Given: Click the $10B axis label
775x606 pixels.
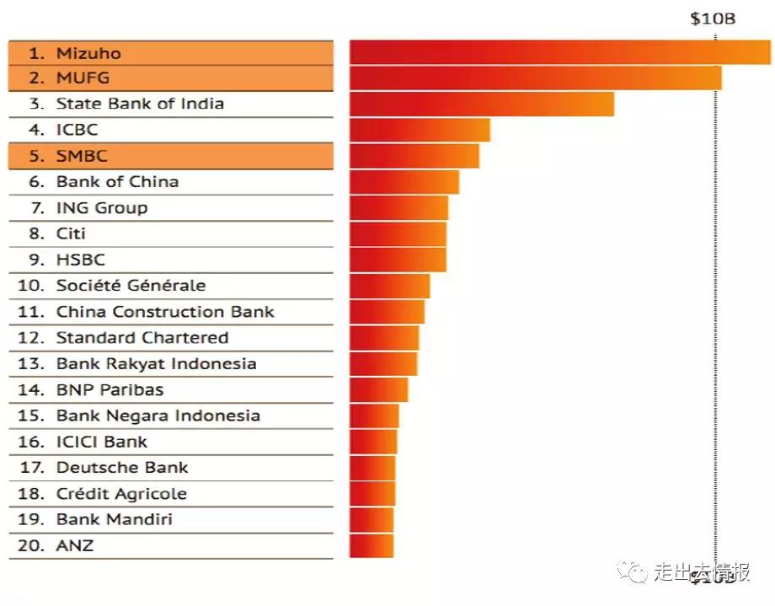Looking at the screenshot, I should [x=713, y=18].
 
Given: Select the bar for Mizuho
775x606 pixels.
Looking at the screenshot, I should [x=559, y=52].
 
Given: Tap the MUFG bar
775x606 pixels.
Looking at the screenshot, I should [x=535, y=78].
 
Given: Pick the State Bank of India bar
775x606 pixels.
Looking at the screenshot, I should [x=481, y=104].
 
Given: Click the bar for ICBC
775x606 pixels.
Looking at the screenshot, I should [x=420, y=130].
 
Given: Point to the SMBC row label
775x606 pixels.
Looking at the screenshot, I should [x=82, y=156].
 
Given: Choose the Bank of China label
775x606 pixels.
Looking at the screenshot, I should [x=117, y=181].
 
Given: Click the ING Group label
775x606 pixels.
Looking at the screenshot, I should [x=101, y=207].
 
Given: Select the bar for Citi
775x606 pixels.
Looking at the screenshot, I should [x=398, y=233].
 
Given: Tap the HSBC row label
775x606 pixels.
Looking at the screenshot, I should [x=81, y=260].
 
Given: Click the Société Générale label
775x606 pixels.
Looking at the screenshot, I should [x=131, y=286].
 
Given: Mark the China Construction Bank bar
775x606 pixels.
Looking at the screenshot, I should [x=387, y=312].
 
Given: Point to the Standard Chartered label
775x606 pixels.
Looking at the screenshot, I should [x=142, y=338].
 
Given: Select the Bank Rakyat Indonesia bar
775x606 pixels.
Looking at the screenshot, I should [x=383, y=364].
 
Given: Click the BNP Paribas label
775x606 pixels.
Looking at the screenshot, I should [x=110, y=389].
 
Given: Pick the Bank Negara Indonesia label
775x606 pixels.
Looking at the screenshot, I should [x=158, y=416].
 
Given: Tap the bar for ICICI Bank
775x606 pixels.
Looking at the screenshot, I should [x=373, y=442].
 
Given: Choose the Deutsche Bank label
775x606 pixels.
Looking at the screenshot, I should [x=122, y=468].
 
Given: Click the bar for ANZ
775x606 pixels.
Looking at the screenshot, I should [x=371, y=545].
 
